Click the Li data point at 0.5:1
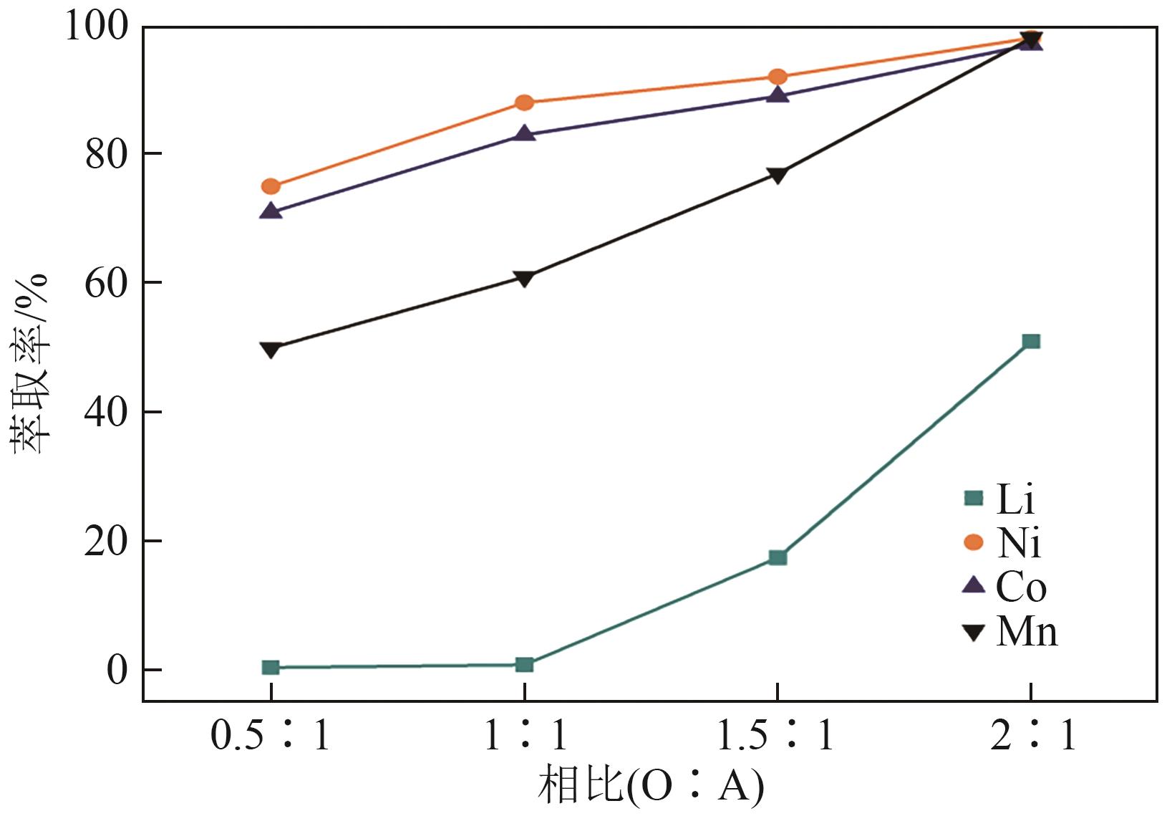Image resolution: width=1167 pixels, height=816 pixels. click(271, 667)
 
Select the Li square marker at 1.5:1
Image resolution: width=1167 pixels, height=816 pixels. click(778, 557)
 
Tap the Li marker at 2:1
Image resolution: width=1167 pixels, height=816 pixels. click(1031, 341)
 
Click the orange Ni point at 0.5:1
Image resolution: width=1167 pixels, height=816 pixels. click(271, 186)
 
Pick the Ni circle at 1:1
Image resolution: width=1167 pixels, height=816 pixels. click(524, 102)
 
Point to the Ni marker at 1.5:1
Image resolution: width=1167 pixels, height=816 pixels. click(778, 77)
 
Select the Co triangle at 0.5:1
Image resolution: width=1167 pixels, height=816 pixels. click(271, 211)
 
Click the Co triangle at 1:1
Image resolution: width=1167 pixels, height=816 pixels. click(524, 134)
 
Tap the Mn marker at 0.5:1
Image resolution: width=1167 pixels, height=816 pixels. click(271, 349)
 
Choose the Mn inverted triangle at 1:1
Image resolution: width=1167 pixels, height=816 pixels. click(524, 278)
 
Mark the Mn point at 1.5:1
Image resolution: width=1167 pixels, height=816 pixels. click(778, 175)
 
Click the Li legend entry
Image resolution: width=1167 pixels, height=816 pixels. click(1002, 499)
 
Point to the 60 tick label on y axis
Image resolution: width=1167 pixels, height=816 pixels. click(107, 283)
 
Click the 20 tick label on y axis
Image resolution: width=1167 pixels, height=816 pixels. click(107, 542)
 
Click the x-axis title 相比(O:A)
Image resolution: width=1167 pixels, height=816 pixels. click(651, 786)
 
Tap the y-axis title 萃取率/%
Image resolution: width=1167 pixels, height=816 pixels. click(30, 364)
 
